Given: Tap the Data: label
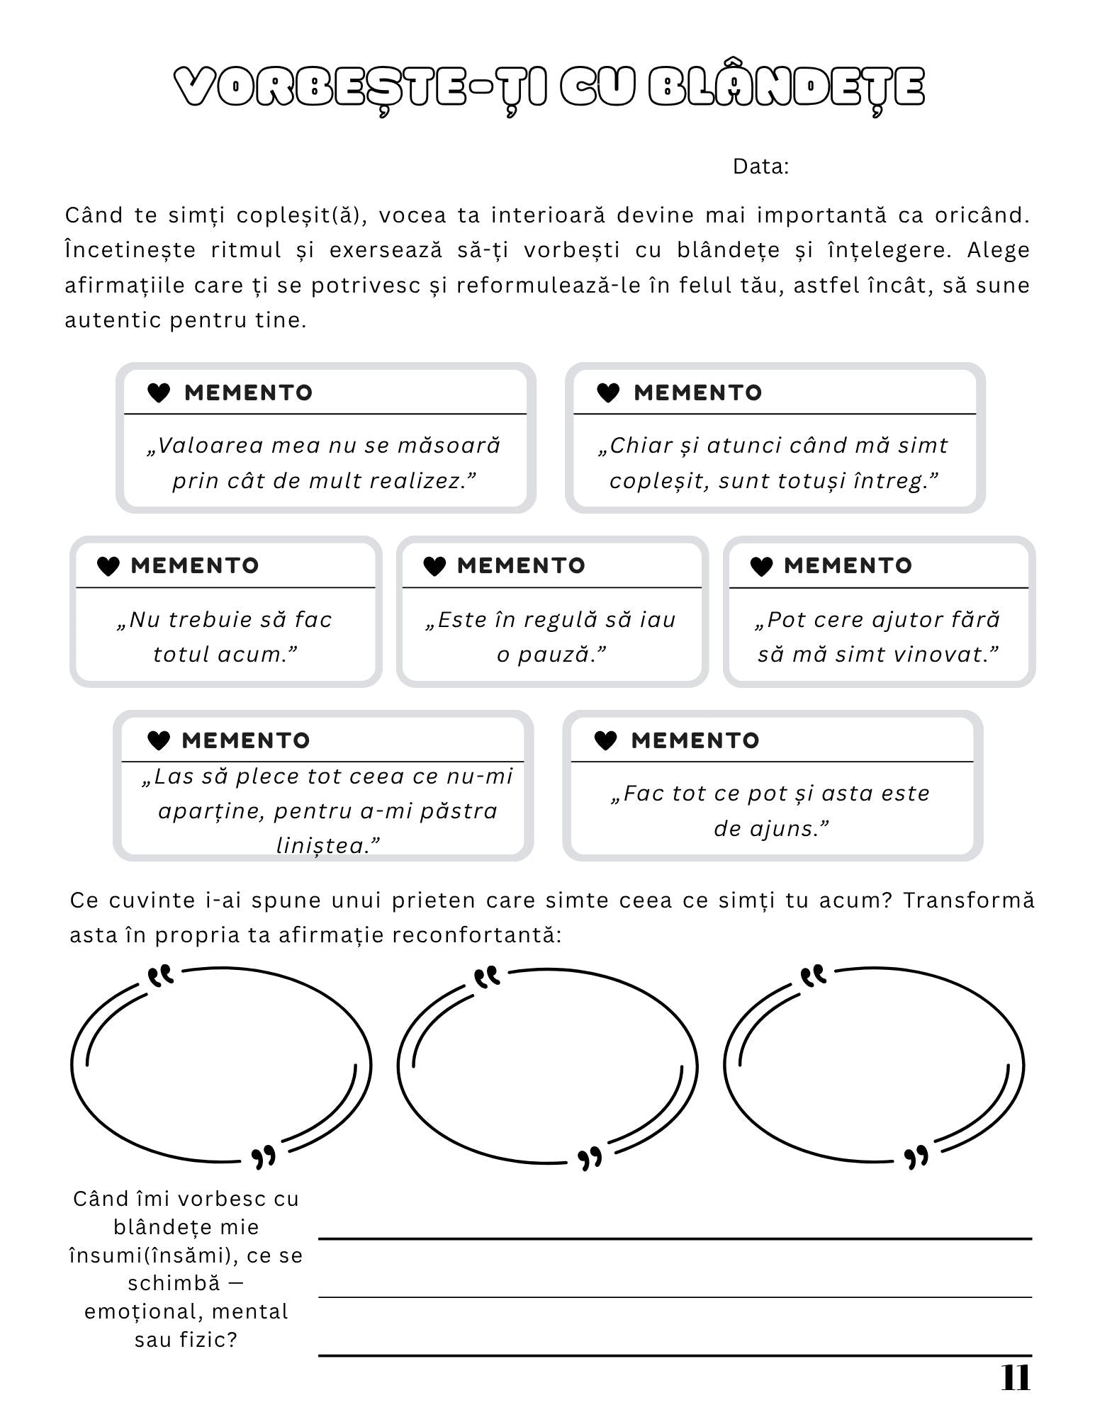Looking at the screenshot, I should point(760,166).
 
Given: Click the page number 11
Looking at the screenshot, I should point(1015,1378).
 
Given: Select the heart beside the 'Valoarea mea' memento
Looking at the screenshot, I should point(158,393).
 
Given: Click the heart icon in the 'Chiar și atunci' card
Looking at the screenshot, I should point(608,393).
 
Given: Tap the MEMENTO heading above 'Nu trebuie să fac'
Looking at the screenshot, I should point(195,566).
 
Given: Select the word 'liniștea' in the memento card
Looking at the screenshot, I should point(322,845).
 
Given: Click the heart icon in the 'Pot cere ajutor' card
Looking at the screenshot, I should point(760,566).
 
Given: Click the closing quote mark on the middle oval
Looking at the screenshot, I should point(590,1159).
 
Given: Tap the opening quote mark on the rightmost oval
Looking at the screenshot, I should point(813,976).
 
